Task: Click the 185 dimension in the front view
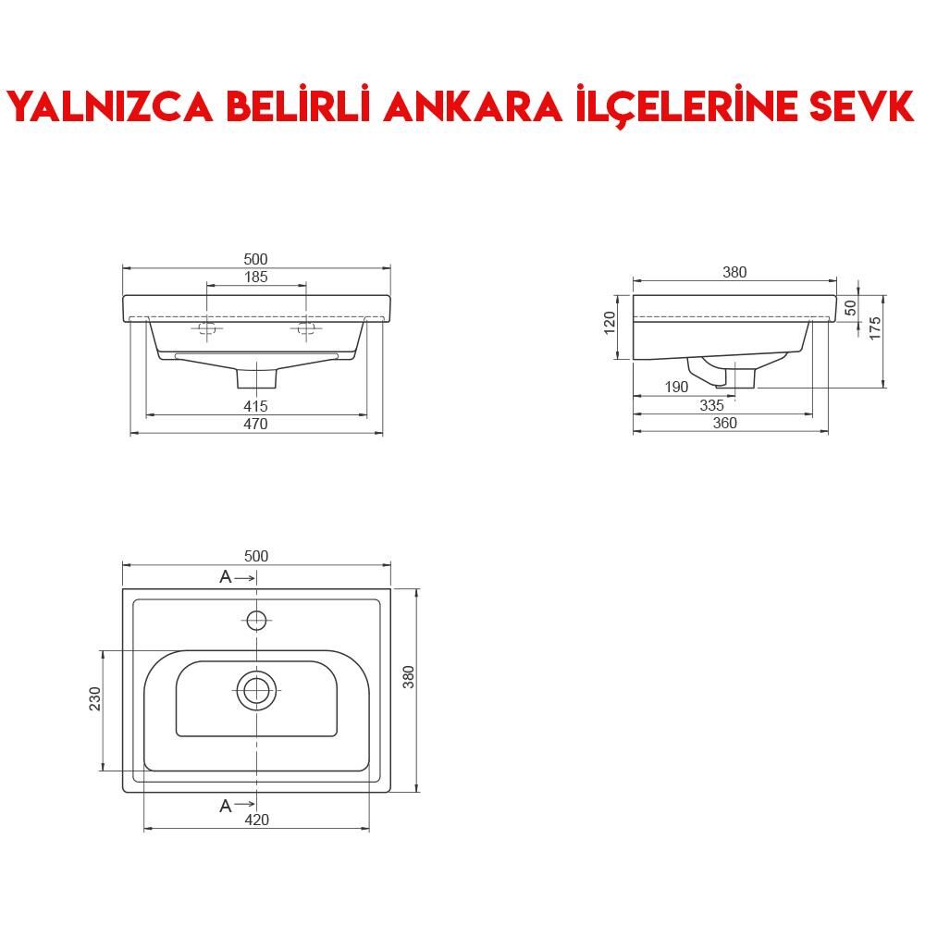point(256,277)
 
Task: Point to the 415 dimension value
point(256,406)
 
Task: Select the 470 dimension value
point(256,424)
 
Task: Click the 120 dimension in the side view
point(610,324)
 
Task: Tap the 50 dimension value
point(850,306)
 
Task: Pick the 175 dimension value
point(875,328)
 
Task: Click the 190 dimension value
point(676,388)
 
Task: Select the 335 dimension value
point(711,405)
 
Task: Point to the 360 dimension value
point(725,423)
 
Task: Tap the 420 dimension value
point(256,820)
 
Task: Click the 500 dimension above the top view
point(256,556)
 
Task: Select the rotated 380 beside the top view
point(409,678)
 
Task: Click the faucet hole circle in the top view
point(257,619)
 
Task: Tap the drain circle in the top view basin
point(256,690)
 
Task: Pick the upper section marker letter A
point(226,577)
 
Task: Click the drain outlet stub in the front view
point(257,377)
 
